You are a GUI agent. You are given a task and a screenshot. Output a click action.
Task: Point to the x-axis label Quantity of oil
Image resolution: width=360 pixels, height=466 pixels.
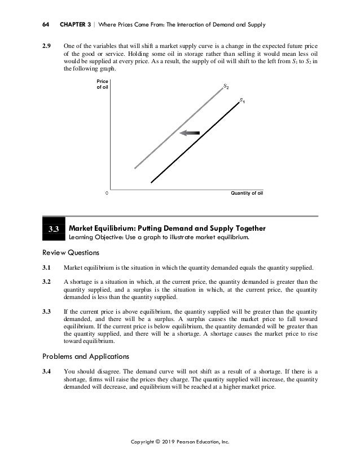247,193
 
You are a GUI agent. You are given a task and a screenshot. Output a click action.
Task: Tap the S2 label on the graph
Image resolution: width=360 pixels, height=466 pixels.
226,87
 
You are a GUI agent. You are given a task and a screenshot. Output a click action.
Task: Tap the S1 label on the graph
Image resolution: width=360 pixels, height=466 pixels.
242,101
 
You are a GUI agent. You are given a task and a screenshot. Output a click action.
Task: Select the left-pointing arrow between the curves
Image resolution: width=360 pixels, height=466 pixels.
190,133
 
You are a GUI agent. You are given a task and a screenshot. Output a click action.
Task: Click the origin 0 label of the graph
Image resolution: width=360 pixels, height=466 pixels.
107,193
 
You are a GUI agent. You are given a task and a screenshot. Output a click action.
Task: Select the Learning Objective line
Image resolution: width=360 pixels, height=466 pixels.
159,238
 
